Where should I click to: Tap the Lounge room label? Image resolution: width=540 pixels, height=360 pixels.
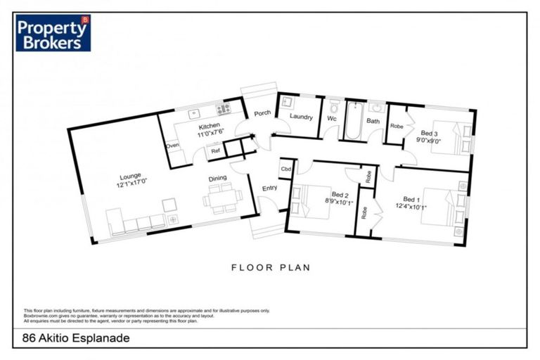tap(130, 176)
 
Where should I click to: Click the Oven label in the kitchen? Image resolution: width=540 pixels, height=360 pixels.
tap(172, 146)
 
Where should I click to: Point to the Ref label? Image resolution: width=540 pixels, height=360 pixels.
tap(214, 150)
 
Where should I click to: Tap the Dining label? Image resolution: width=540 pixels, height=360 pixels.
tap(217, 179)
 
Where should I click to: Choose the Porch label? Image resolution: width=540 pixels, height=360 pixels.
tap(263, 112)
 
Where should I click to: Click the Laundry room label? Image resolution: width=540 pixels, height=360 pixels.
tap(300, 117)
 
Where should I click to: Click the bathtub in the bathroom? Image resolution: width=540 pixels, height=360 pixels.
tap(352, 121)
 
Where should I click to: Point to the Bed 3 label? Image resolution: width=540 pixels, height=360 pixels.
tap(430, 133)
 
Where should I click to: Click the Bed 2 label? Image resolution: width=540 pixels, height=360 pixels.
tap(340, 195)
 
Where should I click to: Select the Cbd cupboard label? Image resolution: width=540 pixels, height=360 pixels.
tap(286, 169)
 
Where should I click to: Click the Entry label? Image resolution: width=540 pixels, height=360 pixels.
tap(270, 188)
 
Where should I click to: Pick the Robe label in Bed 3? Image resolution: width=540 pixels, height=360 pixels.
tap(397, 127)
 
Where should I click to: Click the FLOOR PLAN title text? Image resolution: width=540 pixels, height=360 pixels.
tap(270, 267)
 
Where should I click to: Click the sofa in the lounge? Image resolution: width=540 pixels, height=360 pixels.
tap(136, 222)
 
